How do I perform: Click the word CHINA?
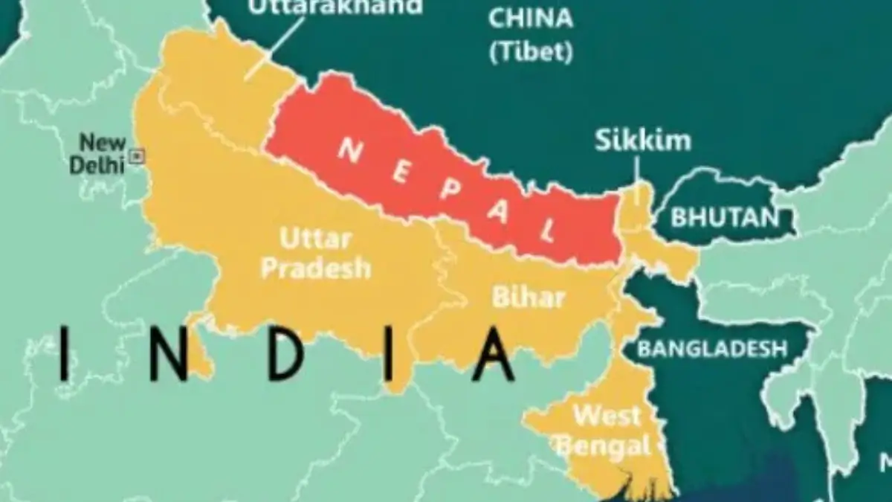tap(530, 18)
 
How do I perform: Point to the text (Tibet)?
tap(531, 52)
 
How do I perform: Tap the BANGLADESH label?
tap(712, 348)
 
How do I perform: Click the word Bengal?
tap(604, 447)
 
